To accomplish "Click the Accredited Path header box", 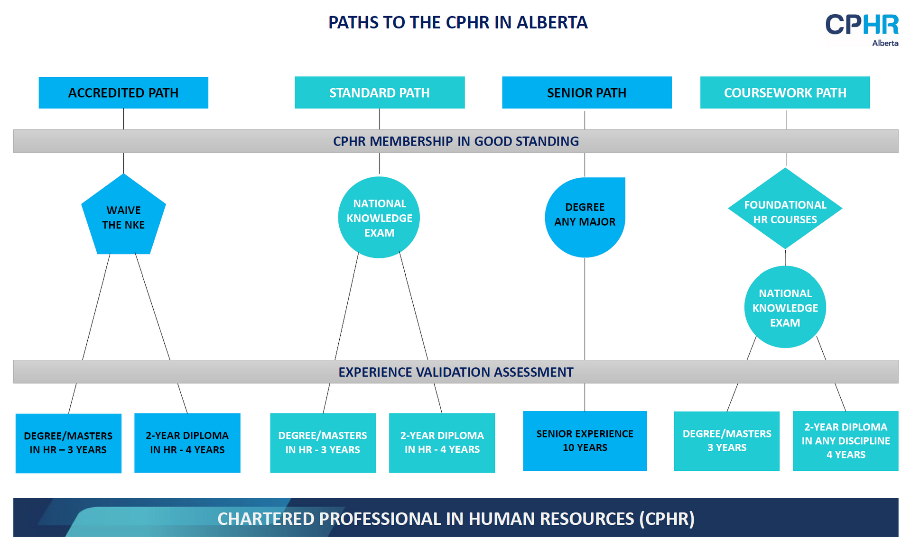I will (123, 92).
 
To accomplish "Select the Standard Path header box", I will (379, 92).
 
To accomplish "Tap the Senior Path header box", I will (586, 92).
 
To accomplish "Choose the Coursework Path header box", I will (785, 92).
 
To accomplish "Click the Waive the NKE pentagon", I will (123, 217).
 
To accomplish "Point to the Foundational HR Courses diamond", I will (785, 211).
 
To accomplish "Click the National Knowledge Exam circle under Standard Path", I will (379, 218).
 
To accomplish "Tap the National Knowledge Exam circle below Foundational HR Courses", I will (785, 308).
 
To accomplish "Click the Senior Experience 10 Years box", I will (585, 440).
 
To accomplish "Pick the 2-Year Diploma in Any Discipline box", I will (846, 440).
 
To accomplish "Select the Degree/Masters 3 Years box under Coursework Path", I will (726, 440).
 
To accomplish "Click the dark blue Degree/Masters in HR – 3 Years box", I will (68, 443).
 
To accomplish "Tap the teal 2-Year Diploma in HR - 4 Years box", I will (442, 442).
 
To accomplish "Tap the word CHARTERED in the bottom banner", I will (266, 519).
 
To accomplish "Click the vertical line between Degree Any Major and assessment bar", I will (585, 308).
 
